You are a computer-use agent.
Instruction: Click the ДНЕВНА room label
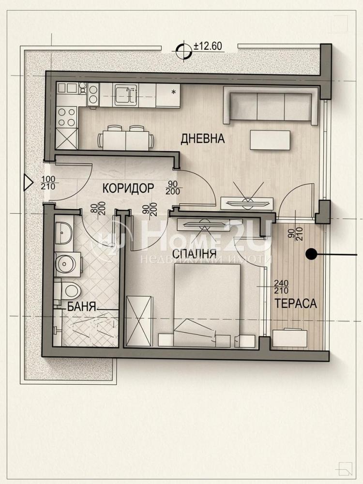tap(202, 138)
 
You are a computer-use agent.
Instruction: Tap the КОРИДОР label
tap(128, 188)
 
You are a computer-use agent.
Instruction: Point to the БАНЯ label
tap(82, 306)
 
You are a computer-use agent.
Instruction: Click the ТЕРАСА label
tap(295, 303)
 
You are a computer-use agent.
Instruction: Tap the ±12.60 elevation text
tap(208, 46)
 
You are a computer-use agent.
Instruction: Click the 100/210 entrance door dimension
tap(48, 183)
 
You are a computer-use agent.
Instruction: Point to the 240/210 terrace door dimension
tap(281, 287)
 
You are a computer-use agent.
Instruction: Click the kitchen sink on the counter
tap(124, 95)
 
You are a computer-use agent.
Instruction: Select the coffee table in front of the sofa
tap(270, 140)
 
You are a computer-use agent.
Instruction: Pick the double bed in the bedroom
tap(207, 305)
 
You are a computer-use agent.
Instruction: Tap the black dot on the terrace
tap(311, 254)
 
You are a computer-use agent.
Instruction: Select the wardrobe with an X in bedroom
tap(139, 321)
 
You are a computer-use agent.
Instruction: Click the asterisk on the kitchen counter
tap(174, 91)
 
